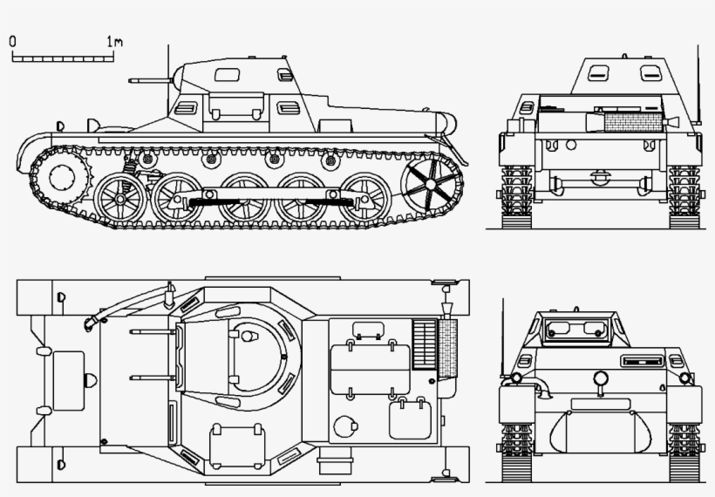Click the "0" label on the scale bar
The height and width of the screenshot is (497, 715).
click(12, 40)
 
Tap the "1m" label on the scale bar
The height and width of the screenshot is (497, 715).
click(114, 40)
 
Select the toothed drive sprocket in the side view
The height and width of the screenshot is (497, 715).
click(64, 178)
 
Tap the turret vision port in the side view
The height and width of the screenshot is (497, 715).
click(228, 74)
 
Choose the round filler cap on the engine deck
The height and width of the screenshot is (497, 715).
click(347, 426)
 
